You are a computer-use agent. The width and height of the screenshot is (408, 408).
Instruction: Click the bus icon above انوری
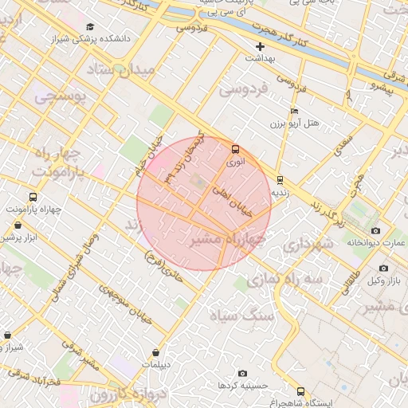coord(234,149)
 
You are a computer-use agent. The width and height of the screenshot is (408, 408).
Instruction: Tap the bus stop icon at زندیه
coord(279,180)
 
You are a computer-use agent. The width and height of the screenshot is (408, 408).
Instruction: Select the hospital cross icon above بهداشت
coord(260,46)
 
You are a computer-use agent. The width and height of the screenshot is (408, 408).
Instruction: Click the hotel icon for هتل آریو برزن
coord(294,111)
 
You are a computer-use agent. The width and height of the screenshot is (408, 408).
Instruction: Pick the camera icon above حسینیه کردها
coord(242,373)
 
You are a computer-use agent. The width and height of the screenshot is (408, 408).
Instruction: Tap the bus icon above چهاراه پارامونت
coord(32,197)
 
